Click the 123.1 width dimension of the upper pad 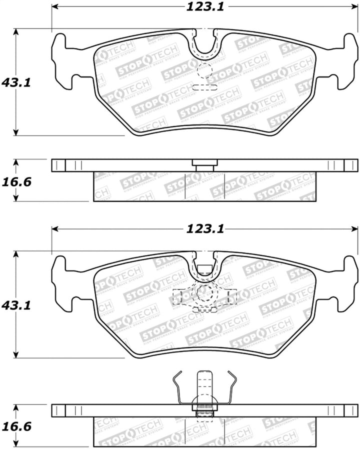(204, 6)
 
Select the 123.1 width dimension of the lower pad (204, 228)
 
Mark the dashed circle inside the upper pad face (205, 71)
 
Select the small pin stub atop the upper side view (204, 163)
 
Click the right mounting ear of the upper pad (345, 60)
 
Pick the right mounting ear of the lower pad (345, 282)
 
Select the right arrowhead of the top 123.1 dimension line (354, 7)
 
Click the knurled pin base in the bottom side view (204, 407)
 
